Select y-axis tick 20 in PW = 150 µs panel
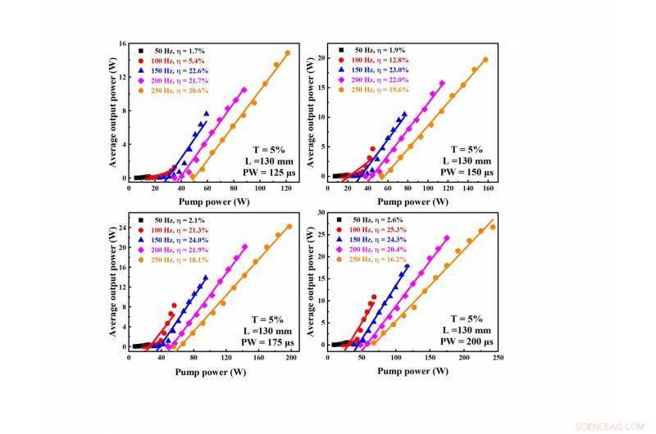(322, 59)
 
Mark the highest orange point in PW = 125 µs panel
(287, 53)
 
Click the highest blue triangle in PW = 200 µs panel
(407, 266)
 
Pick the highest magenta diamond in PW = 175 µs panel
(244, 246)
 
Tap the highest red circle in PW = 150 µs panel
(372, 149)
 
